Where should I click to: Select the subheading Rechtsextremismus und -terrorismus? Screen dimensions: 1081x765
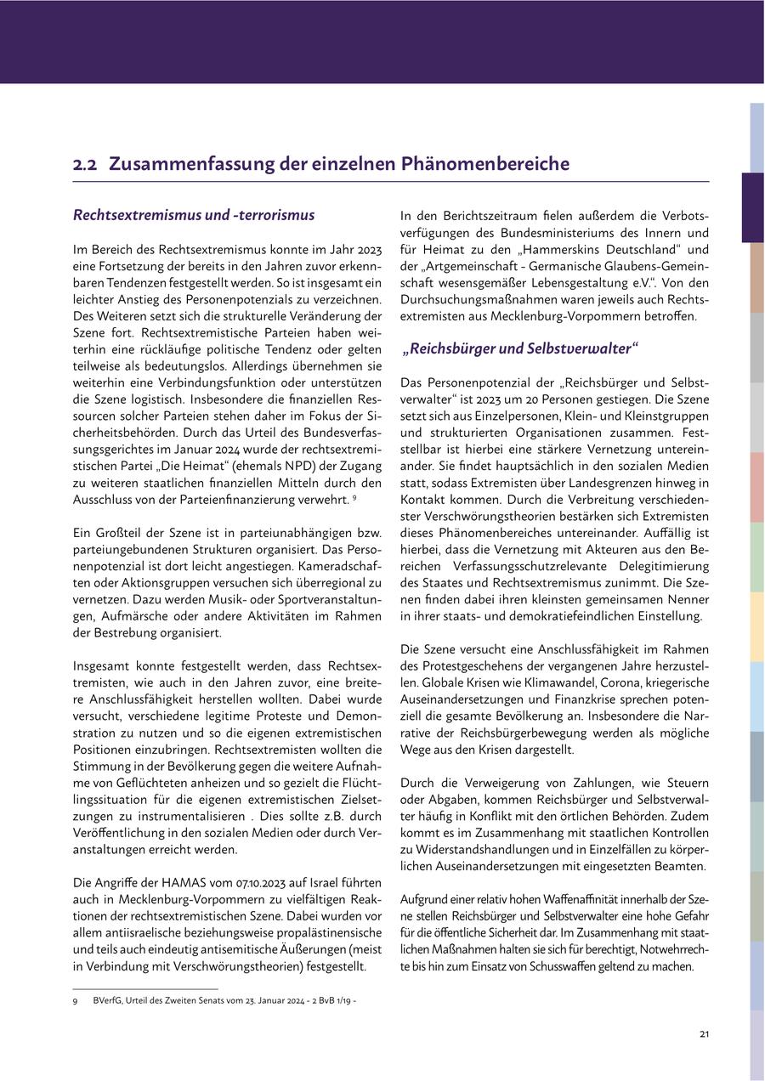(194, 215)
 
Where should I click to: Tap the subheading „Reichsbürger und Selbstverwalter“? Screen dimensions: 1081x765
(519, 348)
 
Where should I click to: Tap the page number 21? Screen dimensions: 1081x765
(704, 1034)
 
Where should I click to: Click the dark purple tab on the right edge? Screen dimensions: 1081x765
(752, 207)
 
